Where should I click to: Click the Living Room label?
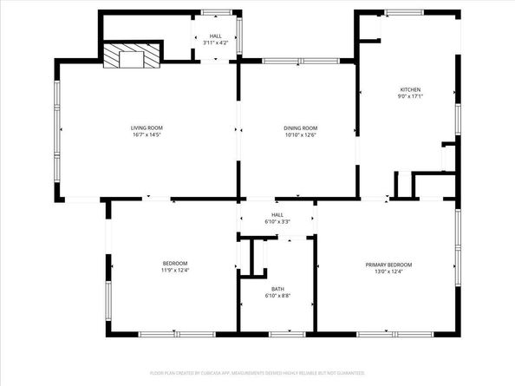point(147,128)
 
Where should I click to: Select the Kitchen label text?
point(409,89)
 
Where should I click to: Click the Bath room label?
point(277,289)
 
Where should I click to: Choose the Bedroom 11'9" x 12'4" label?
point(175,263)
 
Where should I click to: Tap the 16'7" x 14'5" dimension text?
point(147,134)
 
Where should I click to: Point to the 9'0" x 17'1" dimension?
point(409,96)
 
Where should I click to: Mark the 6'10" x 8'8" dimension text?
point(277,296)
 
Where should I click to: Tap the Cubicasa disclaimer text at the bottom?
point(257,372)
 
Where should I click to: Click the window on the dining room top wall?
point(283,61)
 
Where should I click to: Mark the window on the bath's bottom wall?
point(281,334)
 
